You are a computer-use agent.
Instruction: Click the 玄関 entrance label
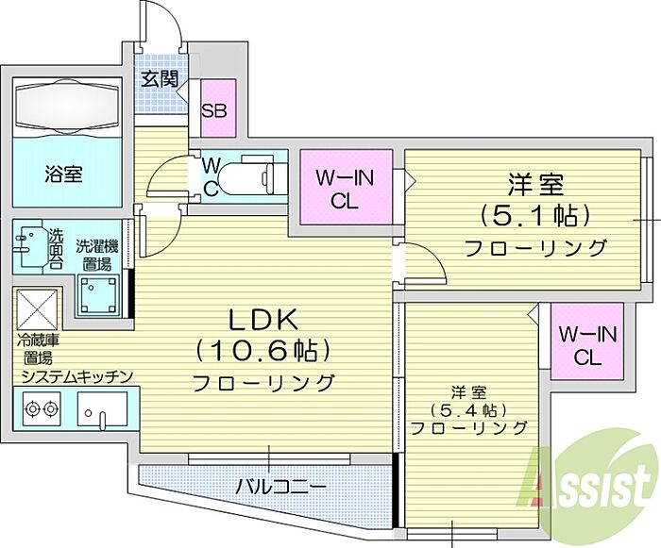pyautogui.click(x=160, y=79)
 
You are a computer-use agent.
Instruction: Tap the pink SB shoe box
pyautogui.click(x=217, y=108)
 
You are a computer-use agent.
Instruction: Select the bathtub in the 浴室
pyautogui.click(x=67, y=108)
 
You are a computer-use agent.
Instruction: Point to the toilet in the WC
pyautogui.click(x=249, y=177)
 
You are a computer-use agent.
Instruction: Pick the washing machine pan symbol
pyautogui.click(x=98, y=295)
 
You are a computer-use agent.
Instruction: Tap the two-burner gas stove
pyautogui.click(x=41, y=408)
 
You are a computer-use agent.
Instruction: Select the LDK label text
pyautogui.click(x=263, y=320)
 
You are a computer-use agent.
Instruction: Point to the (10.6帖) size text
pyautogui.click(x=262, y=351)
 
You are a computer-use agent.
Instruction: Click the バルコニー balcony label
pyautogui.click(x=280, y=488)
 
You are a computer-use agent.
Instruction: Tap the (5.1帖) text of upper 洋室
pyautogui.click(x=534, y=216)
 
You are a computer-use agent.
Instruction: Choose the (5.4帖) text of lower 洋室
pyautogui.click(x=468, y=409)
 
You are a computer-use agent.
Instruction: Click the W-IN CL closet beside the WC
pyautogui.click(x=346, y=188)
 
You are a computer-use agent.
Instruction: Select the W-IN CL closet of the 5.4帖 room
pyautogui.click(x=587, y=341)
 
